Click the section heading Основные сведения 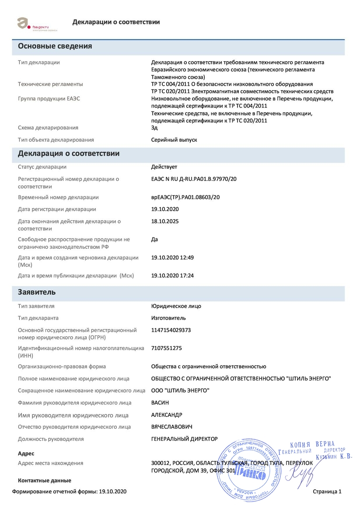pos(55,46)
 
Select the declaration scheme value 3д pos(154,128)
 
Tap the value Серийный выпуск pos(174,139)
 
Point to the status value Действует pos(164,167)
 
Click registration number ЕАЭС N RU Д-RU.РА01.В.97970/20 pos(194,179)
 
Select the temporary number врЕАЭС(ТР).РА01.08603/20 pos(185,197)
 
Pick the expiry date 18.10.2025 pos(164,221)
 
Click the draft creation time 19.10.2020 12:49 pos(172,258)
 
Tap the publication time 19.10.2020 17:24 pos(172,275)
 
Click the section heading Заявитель pos(37,292)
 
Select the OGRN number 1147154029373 pos(171,330)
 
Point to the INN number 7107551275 pos(166,348)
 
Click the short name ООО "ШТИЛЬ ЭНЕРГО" pos(180,390)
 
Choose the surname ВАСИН pos(160,402)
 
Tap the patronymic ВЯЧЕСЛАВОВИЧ pos(171,426)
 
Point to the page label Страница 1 pos(327,492)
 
